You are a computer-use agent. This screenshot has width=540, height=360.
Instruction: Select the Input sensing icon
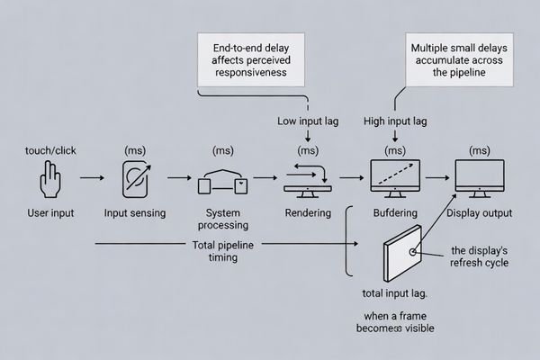click(136, 180)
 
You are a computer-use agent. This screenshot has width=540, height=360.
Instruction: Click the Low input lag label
click(308, 121)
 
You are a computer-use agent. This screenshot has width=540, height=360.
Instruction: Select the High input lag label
click(396, 121)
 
